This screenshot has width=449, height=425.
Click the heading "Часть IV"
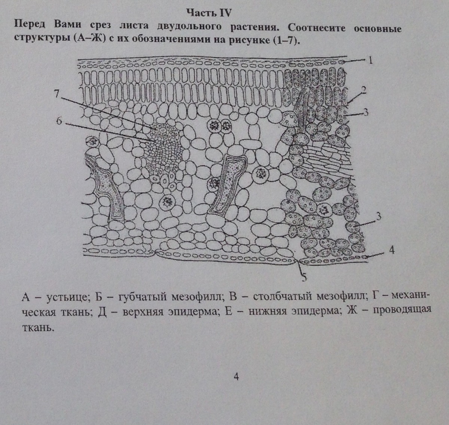click(x=209, y=13)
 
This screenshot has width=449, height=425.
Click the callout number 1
click(x=370, y=61)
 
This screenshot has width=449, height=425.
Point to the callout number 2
click(x=363, y=90)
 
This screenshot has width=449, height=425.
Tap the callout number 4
click(x=392, y=250)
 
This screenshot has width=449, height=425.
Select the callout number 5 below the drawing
click(x=304, y=277)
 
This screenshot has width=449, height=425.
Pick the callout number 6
click(x=59, y=121)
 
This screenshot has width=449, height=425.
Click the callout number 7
click(x=56, y=94)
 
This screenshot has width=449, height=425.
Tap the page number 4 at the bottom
click(x=236, y=376)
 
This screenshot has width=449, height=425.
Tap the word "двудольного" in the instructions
click(x=189, y=26)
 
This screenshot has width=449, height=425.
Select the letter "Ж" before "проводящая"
click(x=352, y=310)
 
